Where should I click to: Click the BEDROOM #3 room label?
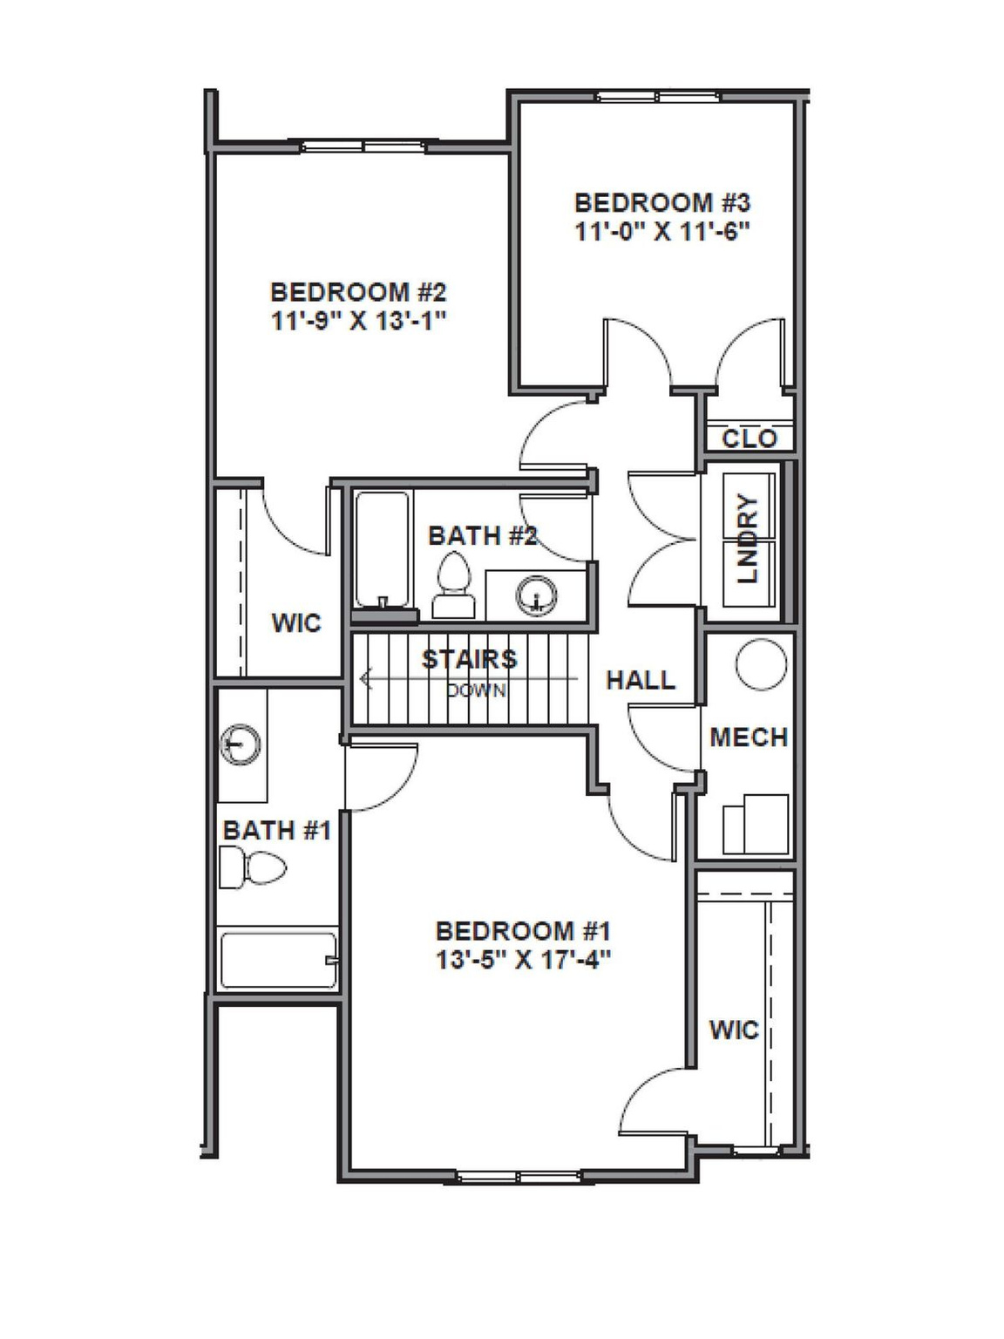[x=661, y=202]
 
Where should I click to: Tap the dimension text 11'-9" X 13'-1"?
[x=358, y=320]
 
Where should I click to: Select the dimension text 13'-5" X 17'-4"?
[x=523, y=959]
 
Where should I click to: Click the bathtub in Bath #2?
[x=382, y=549]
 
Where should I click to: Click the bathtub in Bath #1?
[x=278, y=962]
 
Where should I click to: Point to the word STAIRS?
[x=469, y=659]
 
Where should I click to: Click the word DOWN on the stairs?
[x=476, y=690]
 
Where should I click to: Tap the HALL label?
[x=641, y=680]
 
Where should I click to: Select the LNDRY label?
[x=748, y=539]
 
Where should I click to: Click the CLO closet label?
[x=749, y=438]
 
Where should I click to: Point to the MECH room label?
[x=749, y=737]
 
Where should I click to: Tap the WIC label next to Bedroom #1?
[x=734, y=1030]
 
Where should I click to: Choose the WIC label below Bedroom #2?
[x=296, y=622]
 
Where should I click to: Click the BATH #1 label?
[x=276, y=830]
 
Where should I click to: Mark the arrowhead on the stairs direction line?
[x=365, y=677]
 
